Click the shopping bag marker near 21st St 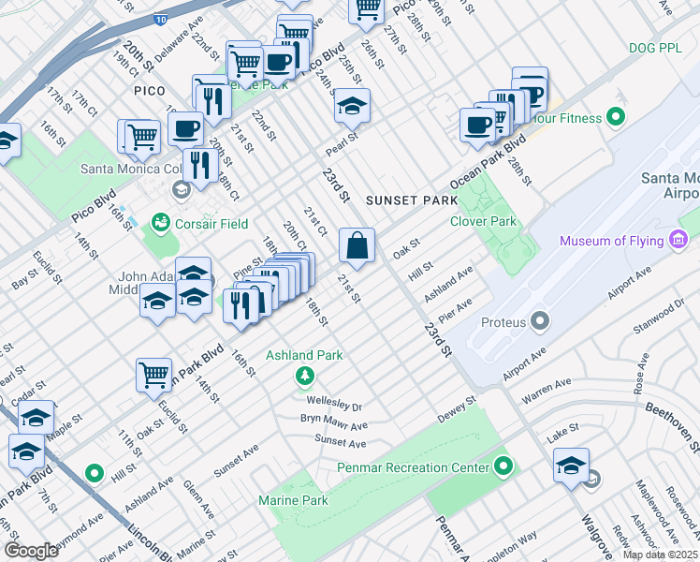pyautogui.click(x=357, y=246)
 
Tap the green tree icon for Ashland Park pyautogui.click(x=304, y=376)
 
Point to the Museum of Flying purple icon pyautogui.click(x=680, y=241)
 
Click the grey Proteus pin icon pyautogui.click(x=539, y=322)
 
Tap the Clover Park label pyautogui.click(x=483, y=222)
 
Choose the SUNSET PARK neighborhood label pyautogui.click(x=411, y=200)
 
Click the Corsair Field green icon pyautogui.click(x=160, y=224)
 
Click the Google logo pyautogui.click(x=31, y=550)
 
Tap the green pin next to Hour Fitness pyautogui.click(x=615, y=118)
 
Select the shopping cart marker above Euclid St pyautogui.click(x=153, y=376)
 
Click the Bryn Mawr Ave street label pyautogui.click(x=333, y=422)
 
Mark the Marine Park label pyautogui.click(x=293, y=500)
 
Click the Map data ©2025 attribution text pyautogui.click(x=661, y=555)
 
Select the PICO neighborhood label pyautogui.click(x=149, y=91)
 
